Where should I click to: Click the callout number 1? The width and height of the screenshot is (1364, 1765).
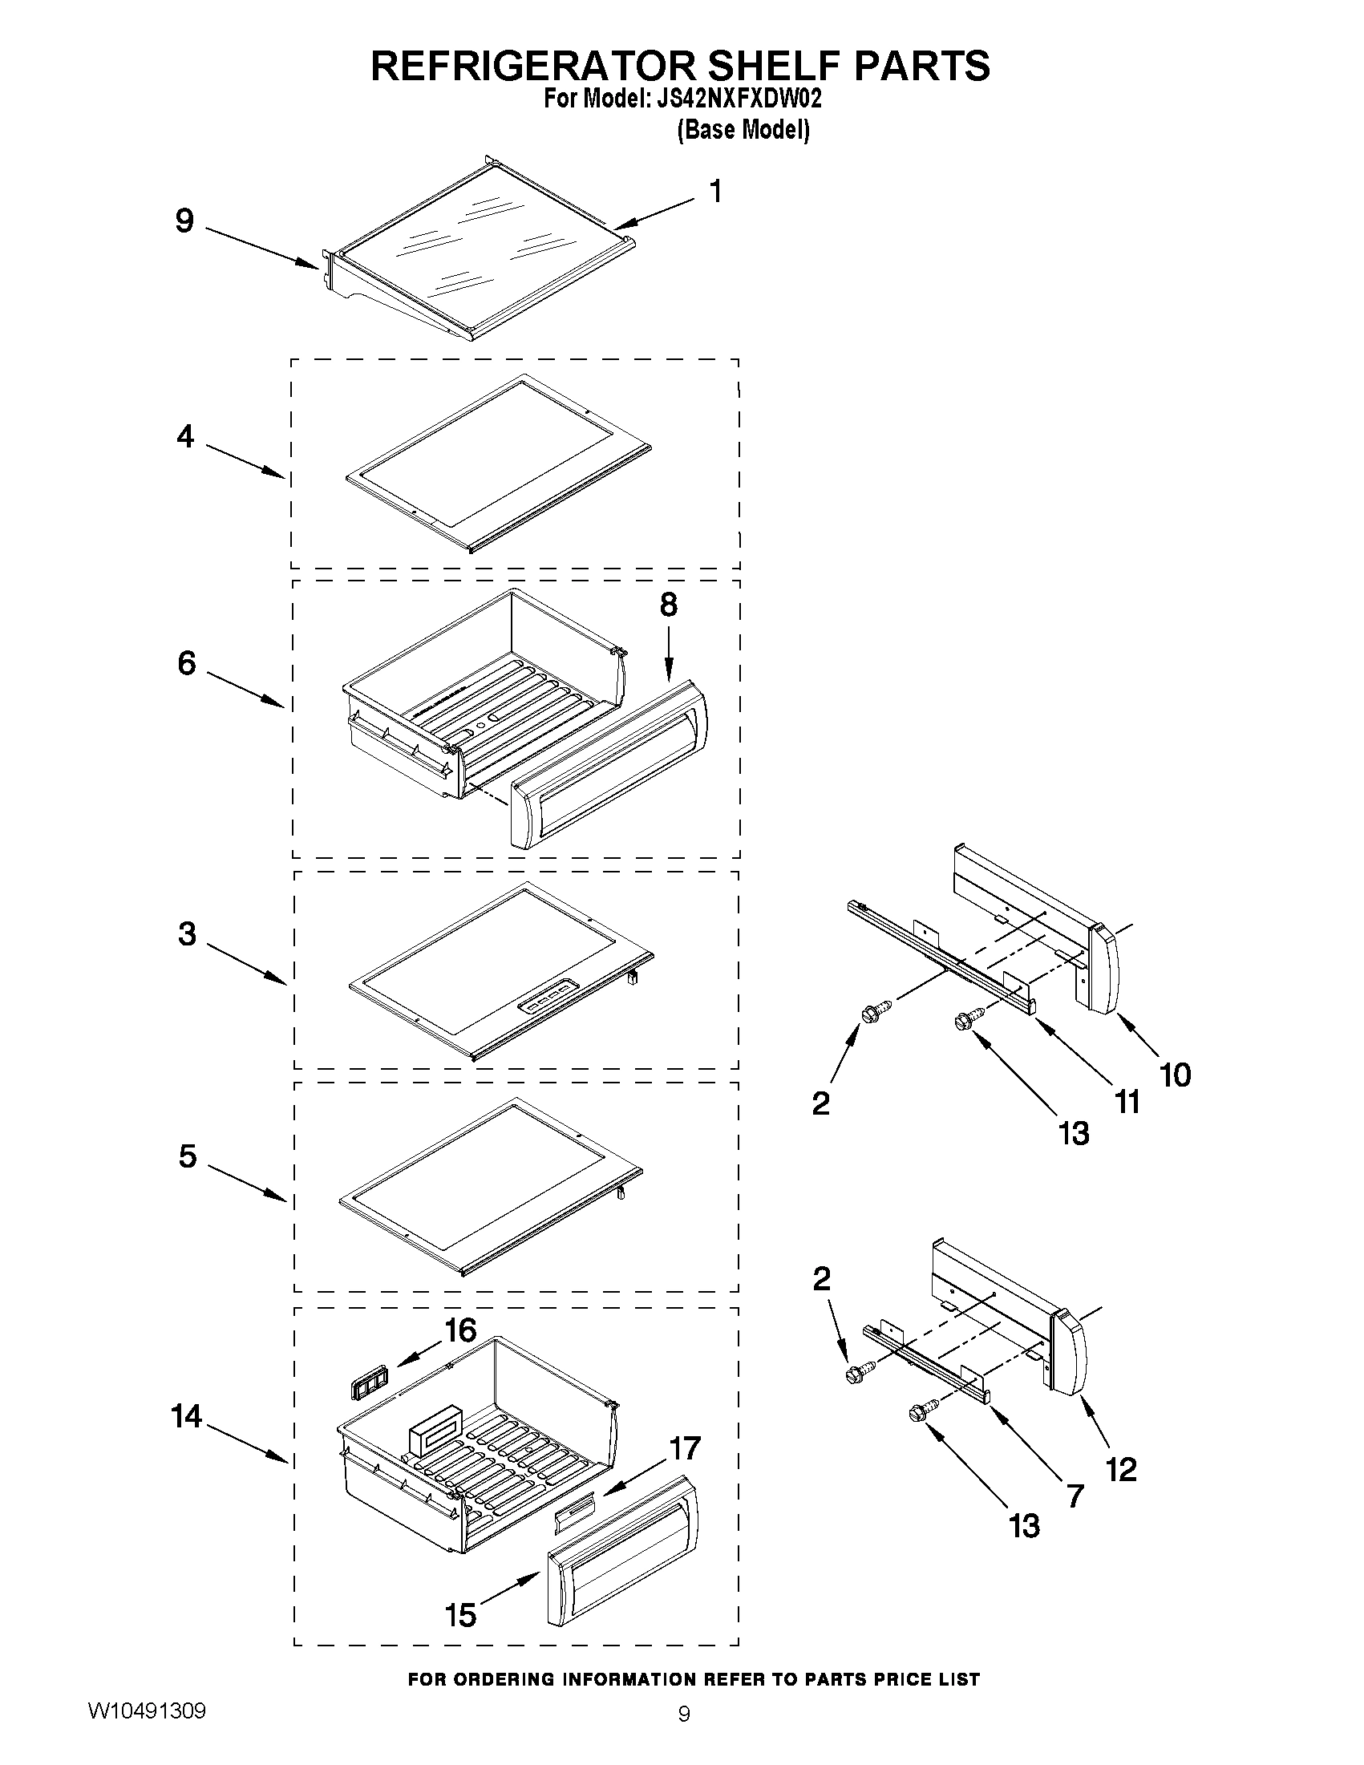[x=715, y=192]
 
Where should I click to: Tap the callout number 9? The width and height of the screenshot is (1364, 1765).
[x=185, y=220]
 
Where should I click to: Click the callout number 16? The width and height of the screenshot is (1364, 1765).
[x=461, y=1330]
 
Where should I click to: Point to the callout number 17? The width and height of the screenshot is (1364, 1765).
[x=686, y=1448]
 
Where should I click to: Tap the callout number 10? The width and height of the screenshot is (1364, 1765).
[x=1176, y=1075]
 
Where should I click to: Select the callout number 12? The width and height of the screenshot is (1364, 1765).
[x=1122, y=1468]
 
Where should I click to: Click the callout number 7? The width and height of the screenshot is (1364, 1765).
[x=1075, y=1496]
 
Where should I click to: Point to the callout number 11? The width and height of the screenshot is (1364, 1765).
[x=1127, y=1102]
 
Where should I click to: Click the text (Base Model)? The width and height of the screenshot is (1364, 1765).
[x=743, y=129]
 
